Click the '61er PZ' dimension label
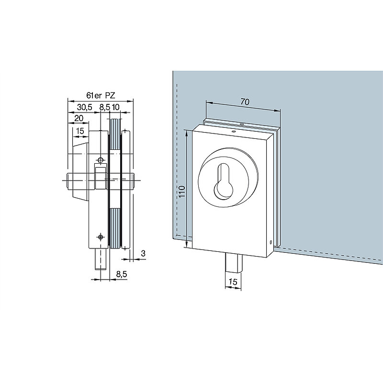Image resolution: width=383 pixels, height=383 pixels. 101,95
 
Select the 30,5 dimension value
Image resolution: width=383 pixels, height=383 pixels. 85,107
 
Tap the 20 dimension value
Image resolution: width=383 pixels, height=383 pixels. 79,118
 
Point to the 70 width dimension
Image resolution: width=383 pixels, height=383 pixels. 245,101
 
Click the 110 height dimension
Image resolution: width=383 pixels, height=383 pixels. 182,192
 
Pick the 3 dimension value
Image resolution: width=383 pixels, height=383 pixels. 143,253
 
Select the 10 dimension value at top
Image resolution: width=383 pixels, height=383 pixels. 115,107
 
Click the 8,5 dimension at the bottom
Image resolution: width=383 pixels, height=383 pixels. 122,274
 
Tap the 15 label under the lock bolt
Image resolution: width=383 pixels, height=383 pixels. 233,282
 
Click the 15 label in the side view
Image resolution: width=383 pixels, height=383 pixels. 80,131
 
